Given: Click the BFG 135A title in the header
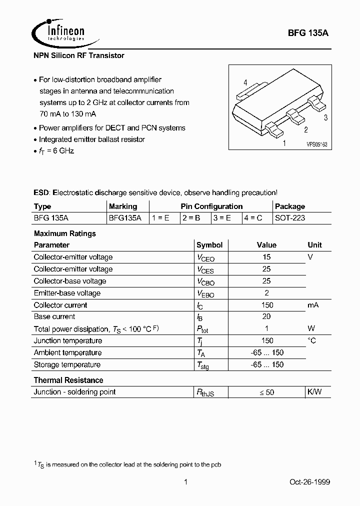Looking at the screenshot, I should click(x=308, y=34).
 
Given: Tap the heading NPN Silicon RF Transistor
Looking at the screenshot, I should click(x=79, y=55).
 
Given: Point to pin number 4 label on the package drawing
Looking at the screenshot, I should click(x=245, y=82).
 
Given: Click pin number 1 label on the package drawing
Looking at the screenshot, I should click(x=284, y=143).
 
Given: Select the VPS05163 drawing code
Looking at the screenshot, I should click(x=317, y=144).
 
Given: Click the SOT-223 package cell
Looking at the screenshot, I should click(x=290, y=218).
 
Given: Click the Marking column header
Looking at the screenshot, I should click(x=122, y=206).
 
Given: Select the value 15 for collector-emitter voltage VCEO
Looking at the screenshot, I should click(x=266, y=257).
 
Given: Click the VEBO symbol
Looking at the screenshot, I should click(x=205, y=293).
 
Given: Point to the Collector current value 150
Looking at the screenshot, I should click(x=266, y=305).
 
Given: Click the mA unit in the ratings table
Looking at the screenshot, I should click(x=313, y=305).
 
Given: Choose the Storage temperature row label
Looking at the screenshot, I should click(x=67, y=364).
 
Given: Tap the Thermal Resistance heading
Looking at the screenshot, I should click(x=68, y=380).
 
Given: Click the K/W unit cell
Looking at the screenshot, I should click(x=314, y=392).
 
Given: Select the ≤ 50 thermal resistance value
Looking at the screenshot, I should click(x=266, y=392).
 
